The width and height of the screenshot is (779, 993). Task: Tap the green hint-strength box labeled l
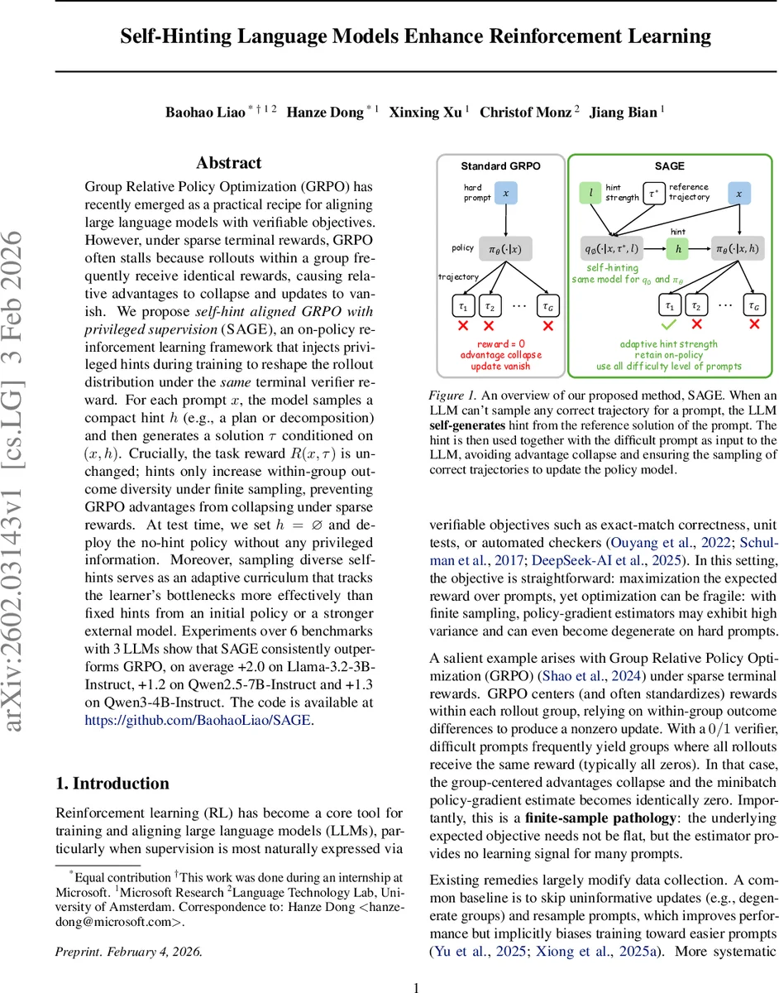[591, 194]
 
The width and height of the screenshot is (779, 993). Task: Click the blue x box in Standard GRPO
[504, 194]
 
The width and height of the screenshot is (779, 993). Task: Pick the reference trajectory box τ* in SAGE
[654, 194]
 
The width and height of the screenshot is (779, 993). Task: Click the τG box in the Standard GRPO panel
[547, 305]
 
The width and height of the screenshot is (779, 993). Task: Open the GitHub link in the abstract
[198, 720]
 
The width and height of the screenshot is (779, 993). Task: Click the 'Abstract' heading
[229, 163]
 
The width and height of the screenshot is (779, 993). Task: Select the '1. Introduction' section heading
[112, 783]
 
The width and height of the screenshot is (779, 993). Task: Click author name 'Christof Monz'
[525, 112]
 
